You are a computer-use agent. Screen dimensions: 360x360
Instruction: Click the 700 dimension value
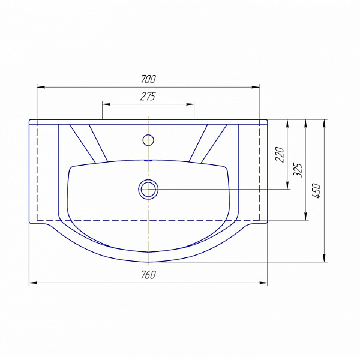coord(148,79)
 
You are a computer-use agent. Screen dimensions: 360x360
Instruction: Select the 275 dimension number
coord(148,97)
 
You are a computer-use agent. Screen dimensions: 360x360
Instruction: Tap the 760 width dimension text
coord(148,275)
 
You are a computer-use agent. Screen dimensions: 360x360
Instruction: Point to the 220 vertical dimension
coord(280,155)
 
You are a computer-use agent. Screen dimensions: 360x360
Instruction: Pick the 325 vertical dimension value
coord(298,170)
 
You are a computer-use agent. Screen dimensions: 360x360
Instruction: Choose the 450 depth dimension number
coord(316,191)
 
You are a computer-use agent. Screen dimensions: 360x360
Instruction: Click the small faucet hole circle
coord(148,140)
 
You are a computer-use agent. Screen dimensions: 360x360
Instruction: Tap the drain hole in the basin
coord(148,190)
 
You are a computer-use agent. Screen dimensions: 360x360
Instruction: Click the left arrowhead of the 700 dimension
coord(41,87)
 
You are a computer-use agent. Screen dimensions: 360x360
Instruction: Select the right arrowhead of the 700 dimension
coord(256,87)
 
